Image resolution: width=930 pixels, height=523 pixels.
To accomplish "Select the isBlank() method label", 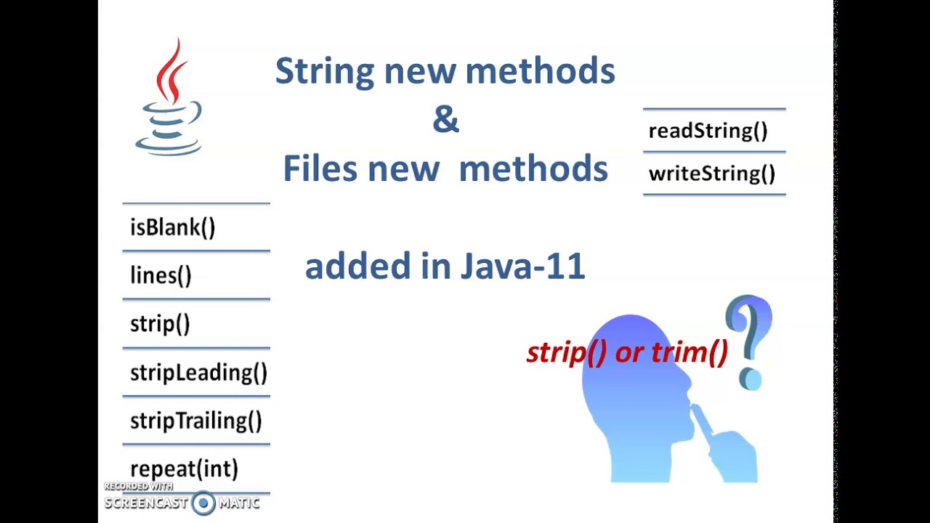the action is click(x=173, y=227).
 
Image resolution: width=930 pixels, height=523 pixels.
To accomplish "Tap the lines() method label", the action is click(x=161, y=275).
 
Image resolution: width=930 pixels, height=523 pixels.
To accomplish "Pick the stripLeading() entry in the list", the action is click(x=198, y=373).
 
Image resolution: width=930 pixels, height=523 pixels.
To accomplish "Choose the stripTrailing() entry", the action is click(x=195, y=421).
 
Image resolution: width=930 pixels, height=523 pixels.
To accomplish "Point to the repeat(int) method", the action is click(x=184, y=469).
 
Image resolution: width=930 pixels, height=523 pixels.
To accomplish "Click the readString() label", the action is click(x=708, y=131).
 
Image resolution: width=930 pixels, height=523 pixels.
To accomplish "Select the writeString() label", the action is click(x=711, y=174).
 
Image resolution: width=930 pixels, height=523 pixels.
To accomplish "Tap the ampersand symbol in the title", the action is click(x=445, y=120).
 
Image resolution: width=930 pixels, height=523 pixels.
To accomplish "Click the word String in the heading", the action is click(x=324, y=71).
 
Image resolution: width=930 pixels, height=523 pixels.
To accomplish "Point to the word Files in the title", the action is click(x=320, y=169).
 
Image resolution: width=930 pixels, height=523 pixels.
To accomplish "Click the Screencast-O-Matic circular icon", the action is click(x=203, y=503).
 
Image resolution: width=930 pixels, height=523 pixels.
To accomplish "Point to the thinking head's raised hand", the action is click(x=723, y=443).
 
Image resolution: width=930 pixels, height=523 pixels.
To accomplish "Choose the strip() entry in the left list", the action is click(x=160, y=324).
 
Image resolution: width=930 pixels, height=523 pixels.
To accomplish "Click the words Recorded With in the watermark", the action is click(x=138, y=486).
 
